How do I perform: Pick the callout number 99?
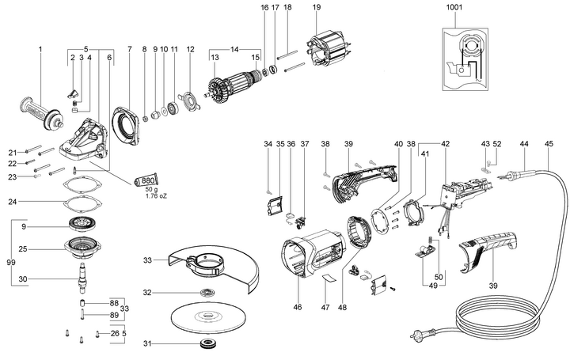[9, 262]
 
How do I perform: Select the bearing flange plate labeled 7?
[131, 120]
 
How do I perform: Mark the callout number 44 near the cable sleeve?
[523, 144]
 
